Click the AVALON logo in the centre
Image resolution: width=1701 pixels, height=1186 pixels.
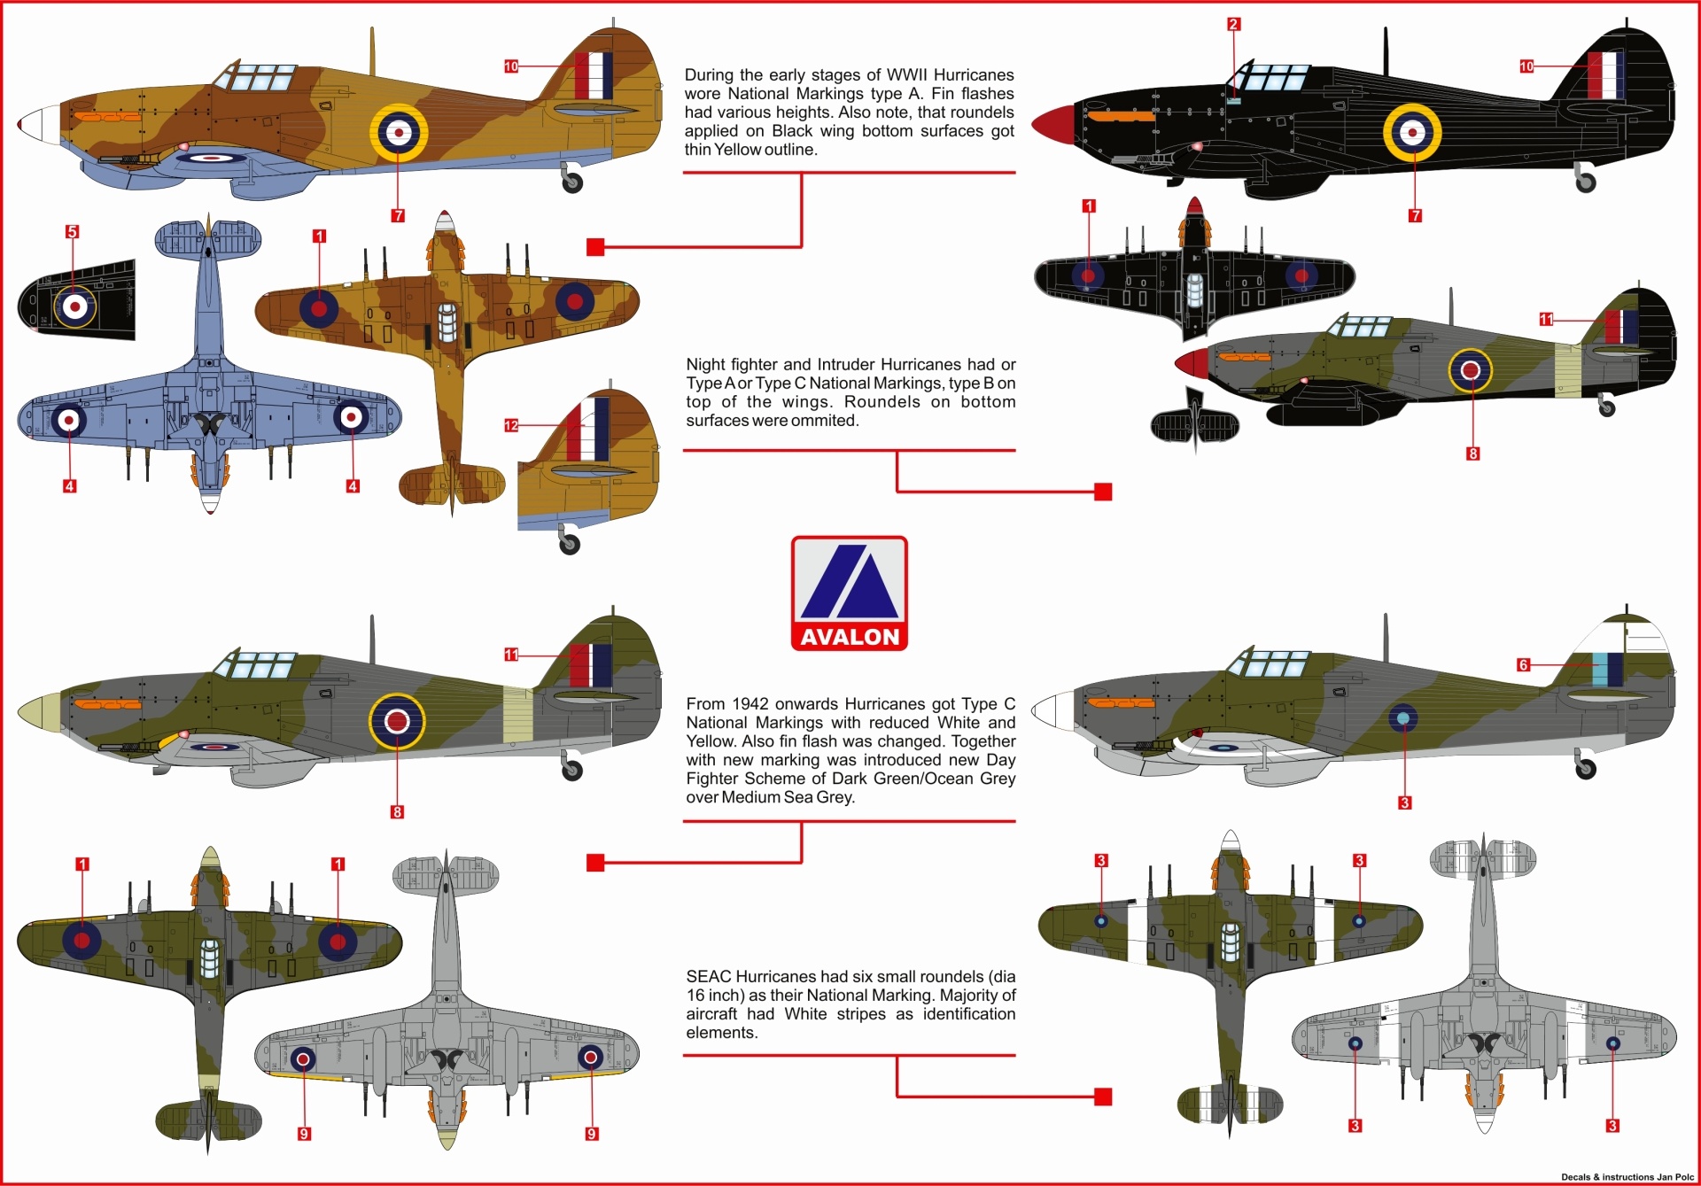tap(849, 593)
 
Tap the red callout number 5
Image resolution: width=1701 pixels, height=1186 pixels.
tap(73, 232)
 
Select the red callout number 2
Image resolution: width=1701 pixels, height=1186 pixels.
tap(1233, 25)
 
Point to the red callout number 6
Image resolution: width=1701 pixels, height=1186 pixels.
tap(1523, 665)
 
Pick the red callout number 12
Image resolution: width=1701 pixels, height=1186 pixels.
tap(511, 426)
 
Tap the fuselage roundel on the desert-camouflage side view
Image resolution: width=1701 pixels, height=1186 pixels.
tap(399, 132)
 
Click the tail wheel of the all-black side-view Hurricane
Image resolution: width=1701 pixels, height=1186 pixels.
tap(1585, 182)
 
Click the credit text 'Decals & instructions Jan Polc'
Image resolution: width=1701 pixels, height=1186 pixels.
tap(1627, 1177)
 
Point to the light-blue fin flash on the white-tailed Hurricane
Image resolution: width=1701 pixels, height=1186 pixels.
tap(1599, 669)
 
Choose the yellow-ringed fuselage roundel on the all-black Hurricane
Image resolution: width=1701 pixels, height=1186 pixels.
tap(1413, 132)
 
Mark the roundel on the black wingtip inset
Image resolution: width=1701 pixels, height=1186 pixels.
tap(76, 306)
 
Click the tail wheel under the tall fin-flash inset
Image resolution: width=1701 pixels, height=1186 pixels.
tap(570, 542)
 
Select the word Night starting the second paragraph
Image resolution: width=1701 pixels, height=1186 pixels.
tap(706, 365)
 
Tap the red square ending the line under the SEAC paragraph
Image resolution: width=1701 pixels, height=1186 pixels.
tap(1103, 1097)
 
